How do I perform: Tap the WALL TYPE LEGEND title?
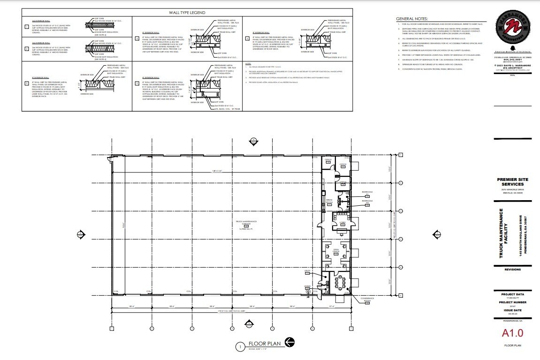[x=187, y=13]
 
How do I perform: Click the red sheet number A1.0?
[x=512, y=333]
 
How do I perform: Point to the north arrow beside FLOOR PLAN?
[x=289, y=343]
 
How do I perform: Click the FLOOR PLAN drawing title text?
[x=265, y=344]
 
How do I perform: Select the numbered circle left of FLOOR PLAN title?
[x=241, y=347]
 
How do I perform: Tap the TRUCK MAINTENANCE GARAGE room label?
[x=246, y=222]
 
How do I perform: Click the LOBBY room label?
[x=336, y=223]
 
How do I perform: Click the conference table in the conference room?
[x=338, y=283]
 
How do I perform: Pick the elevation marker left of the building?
[x=81, y=233]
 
